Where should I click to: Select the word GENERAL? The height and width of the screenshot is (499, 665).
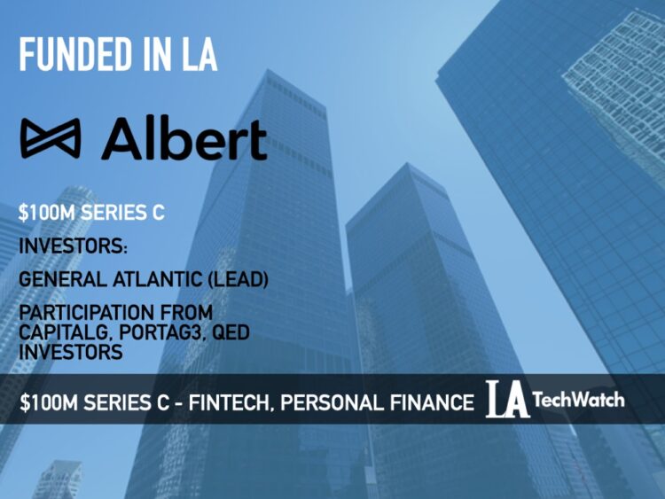click(x=58, y=280)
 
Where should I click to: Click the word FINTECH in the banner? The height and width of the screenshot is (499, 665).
click(x=210, y=402)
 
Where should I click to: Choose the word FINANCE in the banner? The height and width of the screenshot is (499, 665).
click(x=431, y=402)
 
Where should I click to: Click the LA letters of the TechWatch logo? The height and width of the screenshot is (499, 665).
click(x=507, y=401)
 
